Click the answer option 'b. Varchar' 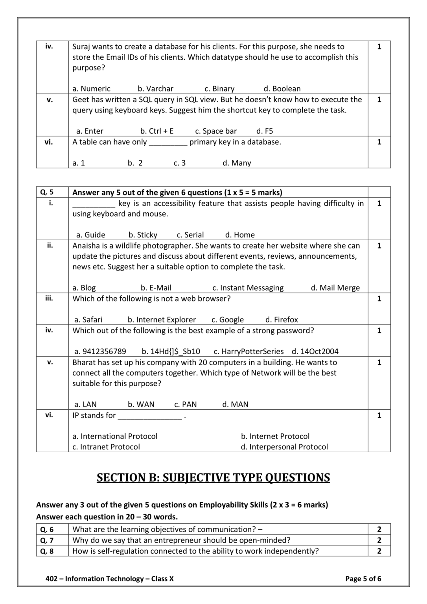[x=155, y=89]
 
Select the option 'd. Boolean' [x=282, y=89]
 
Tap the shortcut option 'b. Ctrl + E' [x=157, y=131]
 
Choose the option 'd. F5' [x=265, y=131]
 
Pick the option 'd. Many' [x=237, y=163]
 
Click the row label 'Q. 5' [x=47, y=192]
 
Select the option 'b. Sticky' [x=143, y=235]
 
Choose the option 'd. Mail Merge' [x=335, y=288]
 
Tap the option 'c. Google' [x=227, y=320]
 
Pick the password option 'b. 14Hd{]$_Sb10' [x=171, y=352]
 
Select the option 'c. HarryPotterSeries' [x=248, y=352]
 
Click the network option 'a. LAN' [x=85, y=405]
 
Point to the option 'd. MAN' [x=235, y=405]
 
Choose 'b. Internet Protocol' [x=275, y=436]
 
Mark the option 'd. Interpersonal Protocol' [x=284, y=447]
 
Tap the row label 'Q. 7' [x=47, y=540]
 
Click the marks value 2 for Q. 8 [x=379, y=551]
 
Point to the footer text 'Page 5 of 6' [x=363, y=579]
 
